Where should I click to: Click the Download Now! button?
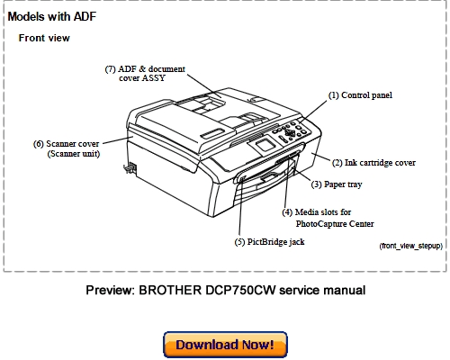tap(225, 344)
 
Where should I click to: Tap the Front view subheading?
tap(44, 39)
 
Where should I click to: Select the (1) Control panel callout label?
tap(359, 94)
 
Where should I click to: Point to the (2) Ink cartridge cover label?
tap(373, 163)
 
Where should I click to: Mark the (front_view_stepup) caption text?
tap(410, 246)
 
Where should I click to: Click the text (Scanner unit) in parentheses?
tap(73, 154)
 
